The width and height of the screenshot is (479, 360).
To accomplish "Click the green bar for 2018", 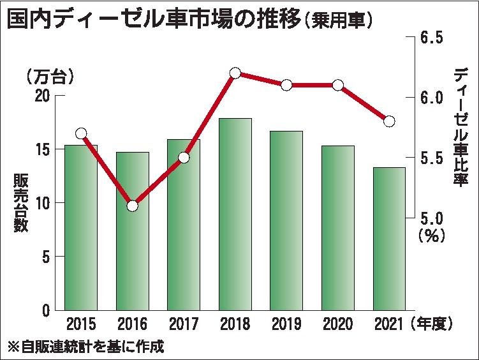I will [x=235, y=214].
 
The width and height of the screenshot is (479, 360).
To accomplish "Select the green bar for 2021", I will [x=389, y=239].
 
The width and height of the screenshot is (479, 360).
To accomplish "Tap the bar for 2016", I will [x=132, y=231].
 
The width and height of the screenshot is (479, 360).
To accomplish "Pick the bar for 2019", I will [x=286, y=220].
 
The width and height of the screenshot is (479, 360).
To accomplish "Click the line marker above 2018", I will [x=235, y=73].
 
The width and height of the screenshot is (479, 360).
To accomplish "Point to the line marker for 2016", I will [x=132, y=206].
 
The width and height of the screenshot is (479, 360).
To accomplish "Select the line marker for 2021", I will [x=389, y=121].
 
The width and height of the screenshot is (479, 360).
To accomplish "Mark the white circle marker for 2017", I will [x=184, y=158].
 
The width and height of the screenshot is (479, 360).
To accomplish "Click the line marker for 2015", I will [x=81, y=133].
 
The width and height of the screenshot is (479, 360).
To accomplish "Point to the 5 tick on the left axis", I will [x=46, y=257].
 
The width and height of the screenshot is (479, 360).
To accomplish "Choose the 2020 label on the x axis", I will [x=337, y=324].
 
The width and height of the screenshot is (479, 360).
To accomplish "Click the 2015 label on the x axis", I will [x=81, y=324].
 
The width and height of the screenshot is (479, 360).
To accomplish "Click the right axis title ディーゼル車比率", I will [x=460, y=128].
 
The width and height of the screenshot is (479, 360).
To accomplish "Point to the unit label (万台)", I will [x=50, y=77].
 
